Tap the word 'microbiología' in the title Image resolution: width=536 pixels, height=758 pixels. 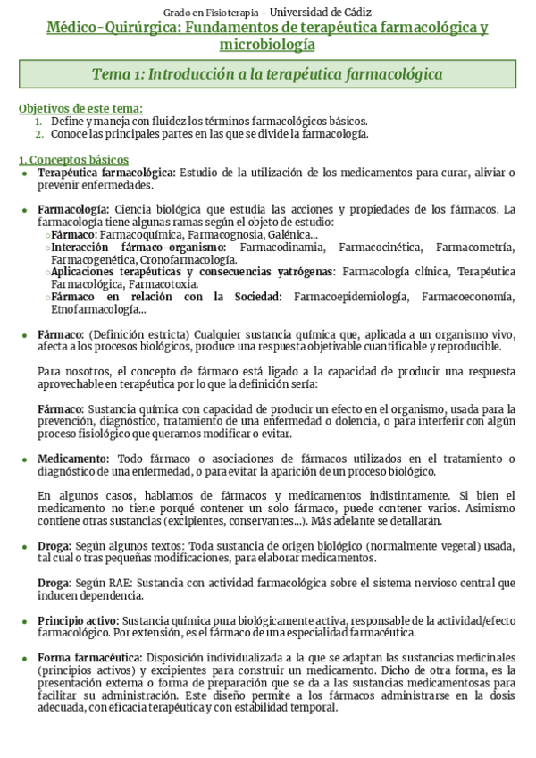pos(267,44)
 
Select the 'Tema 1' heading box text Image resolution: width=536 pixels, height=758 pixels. pos(267,74)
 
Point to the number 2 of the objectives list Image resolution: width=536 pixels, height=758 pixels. pos(38,134)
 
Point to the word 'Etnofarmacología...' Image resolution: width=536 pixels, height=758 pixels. pos(98,309)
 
